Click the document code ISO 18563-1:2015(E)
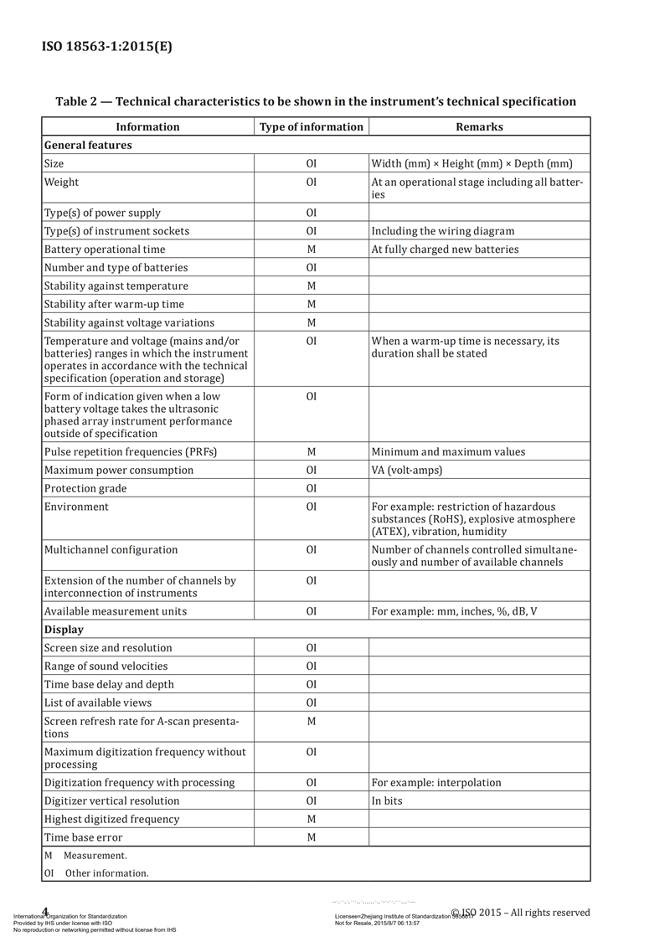pos(107,46)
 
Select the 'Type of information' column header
pos(312,126)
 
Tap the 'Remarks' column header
pos(479,126)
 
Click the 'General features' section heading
pos(88,145)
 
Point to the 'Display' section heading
pos(64,629)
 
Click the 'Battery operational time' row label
pos(105,249)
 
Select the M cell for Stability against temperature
pos(312,286)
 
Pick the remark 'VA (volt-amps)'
pos(407,470)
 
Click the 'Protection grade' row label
pos(85,488)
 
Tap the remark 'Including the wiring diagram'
pos(443,230)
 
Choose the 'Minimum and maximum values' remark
pos(449,451)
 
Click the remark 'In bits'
pos(387,800)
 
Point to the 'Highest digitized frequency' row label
pos(111,819)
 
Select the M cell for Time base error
pos(312,837)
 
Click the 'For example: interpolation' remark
pos(436,782)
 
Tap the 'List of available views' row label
pos(98,703)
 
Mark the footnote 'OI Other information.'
pos(96,872)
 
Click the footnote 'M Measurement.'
pos(85,855)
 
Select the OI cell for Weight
pos(312,182)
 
